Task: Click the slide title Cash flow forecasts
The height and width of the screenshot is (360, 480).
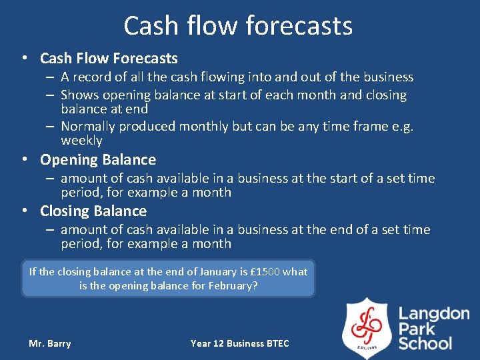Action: click(238, 26)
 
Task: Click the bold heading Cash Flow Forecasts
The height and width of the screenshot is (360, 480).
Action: click(109, 59)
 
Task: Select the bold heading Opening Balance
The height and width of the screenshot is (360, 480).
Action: click(98, 160)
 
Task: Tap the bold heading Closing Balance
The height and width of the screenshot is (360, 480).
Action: click(93, 211)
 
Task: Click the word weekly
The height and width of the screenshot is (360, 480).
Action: click(81, 141)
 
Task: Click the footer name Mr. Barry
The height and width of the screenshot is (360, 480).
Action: click(49, 343)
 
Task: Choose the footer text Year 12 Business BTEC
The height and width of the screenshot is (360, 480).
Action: click(240, 343)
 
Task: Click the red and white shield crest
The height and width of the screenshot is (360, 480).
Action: click(367, 327)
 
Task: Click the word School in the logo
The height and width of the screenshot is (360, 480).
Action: click(425, 343)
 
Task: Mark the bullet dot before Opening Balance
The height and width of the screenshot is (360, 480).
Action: click(25, 160)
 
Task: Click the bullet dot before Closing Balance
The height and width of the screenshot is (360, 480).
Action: click(25, 211)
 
